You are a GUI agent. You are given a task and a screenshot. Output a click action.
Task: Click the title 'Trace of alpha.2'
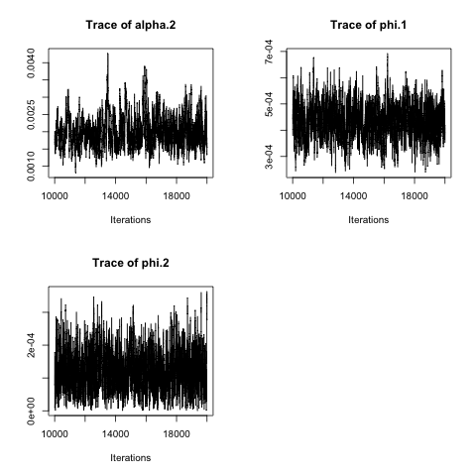pyautogui.click(x=131, y=25)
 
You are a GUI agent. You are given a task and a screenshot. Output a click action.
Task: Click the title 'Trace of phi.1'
pyautogui.click(x=368, y=25)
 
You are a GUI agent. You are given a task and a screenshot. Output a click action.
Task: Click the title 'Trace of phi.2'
pyautogui.click(x=131, y=263)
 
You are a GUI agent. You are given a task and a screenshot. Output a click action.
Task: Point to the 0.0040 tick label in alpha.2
pyautogui.click(x=31, y=62)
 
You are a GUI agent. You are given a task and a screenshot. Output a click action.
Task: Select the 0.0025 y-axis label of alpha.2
pyautogui.click(x=31, y=114)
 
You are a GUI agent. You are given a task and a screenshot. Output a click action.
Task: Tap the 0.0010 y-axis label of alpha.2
pyautogui.click(x=31, y=166)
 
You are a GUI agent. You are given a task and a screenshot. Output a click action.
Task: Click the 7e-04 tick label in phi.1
pyautogui.click(x=269, y=52)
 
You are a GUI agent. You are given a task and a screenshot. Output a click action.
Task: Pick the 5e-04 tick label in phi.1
pyautogui.click(x=269, y=104)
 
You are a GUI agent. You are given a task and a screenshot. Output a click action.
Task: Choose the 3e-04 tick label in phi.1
pyautogui.click(x=269, y=157)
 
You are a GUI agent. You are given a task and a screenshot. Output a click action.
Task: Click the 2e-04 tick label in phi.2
pyautogui.click(x=31, y=345)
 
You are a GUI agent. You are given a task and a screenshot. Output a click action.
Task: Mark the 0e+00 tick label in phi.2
pyautogui.click(x=31, y=411)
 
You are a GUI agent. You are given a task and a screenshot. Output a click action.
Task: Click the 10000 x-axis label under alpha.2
pyautogui.click(x=55, y=196)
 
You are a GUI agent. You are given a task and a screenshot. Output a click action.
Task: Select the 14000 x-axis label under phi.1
pyautogui.click(x=353, y=196)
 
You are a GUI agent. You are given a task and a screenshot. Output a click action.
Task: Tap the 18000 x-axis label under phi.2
pyautogui.click(x=177, y=433)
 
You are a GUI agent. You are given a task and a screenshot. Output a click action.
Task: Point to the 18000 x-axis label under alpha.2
pyautogui.click(x=177, y=196)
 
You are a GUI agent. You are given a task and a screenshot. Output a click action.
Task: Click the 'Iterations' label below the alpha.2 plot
pyautogui.click(x=131, y=220)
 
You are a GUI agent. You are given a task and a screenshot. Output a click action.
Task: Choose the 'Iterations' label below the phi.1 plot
pyautogui.click(x=368, y=220)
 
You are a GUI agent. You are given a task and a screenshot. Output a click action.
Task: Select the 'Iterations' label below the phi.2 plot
pyautogui.click(x=131, y=458)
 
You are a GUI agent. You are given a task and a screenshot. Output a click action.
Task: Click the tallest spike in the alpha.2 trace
pyautogui.click(x=108, y=54)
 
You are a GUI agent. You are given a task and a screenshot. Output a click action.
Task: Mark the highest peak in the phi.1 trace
pyautogui.click(x=388, y=55)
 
